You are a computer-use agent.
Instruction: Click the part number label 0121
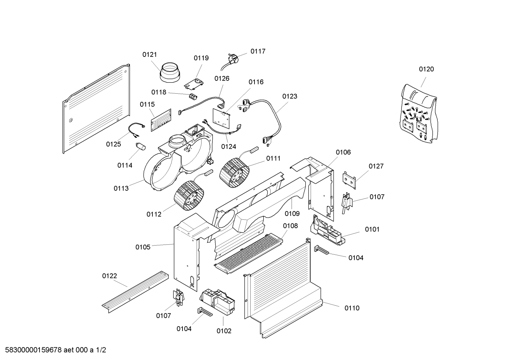tap(150, 55)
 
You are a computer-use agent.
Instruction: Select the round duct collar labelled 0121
tap(169, 74)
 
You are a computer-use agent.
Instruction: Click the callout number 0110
tap(352, 308)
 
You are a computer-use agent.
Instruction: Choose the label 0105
tap(143, 247)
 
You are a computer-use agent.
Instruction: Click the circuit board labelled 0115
tap(161, 120)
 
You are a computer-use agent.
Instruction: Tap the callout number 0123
tap(289, 96)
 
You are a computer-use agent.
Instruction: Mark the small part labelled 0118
tap(192, 97)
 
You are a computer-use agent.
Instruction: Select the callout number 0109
tap(292, 213)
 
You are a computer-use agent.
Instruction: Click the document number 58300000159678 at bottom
tap(32, 350)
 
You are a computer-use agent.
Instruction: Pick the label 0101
tap(372, 229)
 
